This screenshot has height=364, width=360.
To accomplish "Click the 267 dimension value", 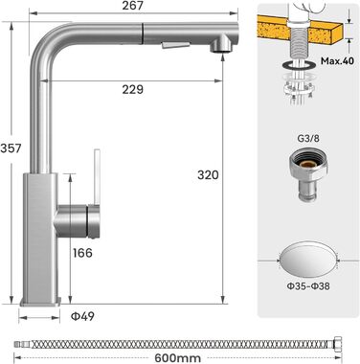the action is pos(133,6).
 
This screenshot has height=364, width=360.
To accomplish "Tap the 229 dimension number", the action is pos(133,89).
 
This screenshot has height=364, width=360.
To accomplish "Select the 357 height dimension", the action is pos(11,148).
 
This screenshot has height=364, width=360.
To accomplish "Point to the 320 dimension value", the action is pos(208,175).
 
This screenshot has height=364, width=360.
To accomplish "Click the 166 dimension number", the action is pos(82,253).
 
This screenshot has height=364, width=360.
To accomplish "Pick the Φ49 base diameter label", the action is pos(82,316).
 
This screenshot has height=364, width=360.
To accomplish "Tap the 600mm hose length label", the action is pos(178,358).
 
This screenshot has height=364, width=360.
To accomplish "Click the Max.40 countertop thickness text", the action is pos(337,61).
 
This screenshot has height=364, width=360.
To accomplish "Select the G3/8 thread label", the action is pos(308,139).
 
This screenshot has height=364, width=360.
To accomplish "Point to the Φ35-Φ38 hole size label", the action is pos(308,286).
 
